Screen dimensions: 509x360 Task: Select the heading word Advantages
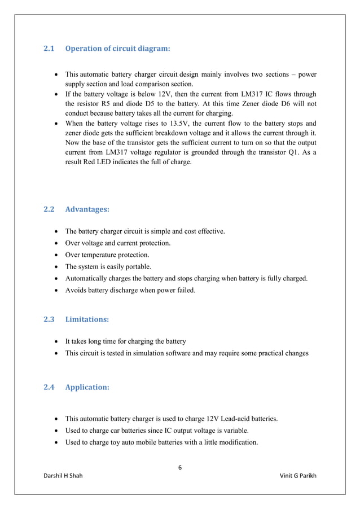click(x=87, y=209)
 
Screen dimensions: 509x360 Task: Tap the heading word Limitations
click(x=87, y=319)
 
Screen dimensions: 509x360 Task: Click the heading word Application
click(x=87, y=388)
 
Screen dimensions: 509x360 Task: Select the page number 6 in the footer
click(x=180, y=467)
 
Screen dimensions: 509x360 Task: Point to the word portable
click(x=138, y=267)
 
